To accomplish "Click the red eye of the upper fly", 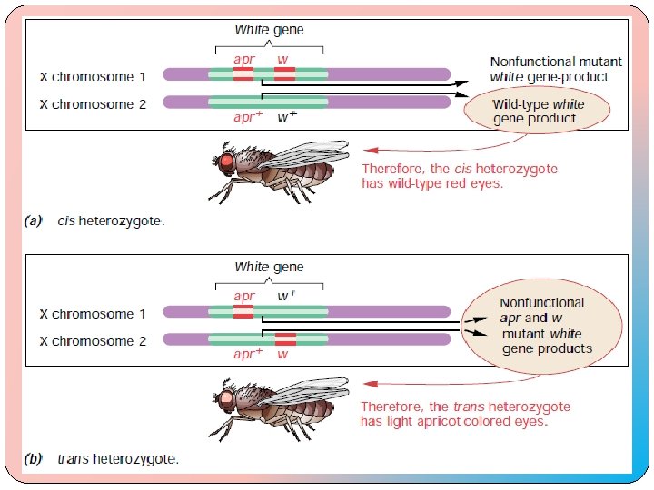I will point(226,162).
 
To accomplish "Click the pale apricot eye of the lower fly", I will point(225,398).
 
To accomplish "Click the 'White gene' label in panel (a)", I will point(269,29).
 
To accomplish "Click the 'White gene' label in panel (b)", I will point(269,267).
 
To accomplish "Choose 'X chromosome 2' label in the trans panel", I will point(93,341).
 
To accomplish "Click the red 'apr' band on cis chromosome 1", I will point(243,73).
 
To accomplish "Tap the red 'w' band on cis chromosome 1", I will point(284,73).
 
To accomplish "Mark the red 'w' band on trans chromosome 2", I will point(284,339).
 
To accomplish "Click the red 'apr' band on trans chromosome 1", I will point(243,312).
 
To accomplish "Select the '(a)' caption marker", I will point(35,220).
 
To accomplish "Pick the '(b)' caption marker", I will point(35,458).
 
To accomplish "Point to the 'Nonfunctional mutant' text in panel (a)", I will point(556,62).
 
